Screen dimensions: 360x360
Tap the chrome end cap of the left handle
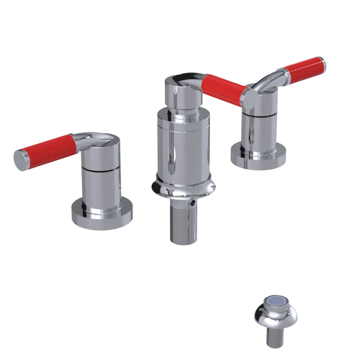[21, 159]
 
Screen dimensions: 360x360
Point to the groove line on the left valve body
[101, 169]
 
